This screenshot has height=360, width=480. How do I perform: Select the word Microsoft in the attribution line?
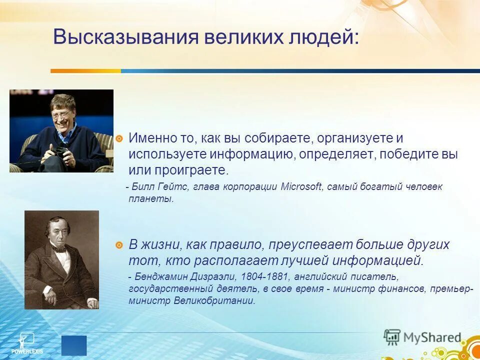301,186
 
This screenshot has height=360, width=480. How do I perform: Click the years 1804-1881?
264,276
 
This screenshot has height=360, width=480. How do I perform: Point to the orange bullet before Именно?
119,139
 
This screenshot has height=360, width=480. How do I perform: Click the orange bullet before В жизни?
119,245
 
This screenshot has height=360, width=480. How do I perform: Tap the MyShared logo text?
432,337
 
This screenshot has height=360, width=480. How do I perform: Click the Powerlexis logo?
27,343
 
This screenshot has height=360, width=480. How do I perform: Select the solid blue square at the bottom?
74,345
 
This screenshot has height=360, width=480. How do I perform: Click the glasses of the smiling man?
60,115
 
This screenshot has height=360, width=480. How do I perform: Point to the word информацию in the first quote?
250,154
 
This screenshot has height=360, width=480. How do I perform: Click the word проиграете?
191,170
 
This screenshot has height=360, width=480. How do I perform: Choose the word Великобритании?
214,300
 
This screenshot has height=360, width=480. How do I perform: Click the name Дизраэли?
213,276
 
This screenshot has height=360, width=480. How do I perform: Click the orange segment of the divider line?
85,71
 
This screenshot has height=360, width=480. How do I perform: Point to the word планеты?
151,199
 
